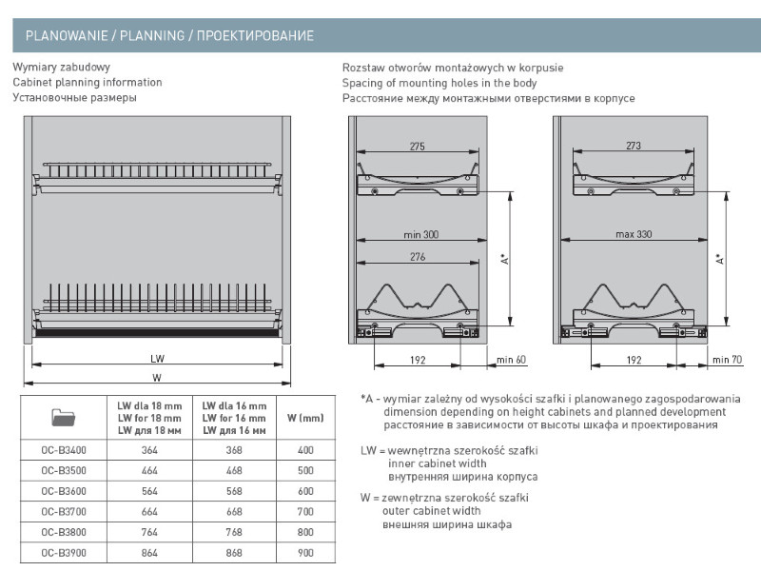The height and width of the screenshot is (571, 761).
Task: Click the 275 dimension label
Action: click(x=417, y=147)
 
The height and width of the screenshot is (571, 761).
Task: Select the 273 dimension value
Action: click(x=634, y=147)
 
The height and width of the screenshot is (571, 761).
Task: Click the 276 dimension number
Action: click(x=417, y=257)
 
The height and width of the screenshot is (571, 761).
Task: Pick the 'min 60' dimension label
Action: click(x=511, y=361)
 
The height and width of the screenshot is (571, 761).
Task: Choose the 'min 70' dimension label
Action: click(x=727, y=361)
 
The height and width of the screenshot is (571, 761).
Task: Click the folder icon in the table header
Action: click(x=63, y=417)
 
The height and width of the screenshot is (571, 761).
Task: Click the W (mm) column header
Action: click(x=305, y=418)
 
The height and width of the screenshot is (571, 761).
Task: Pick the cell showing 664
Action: click(x=149, y=511)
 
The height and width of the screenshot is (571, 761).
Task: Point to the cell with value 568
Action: click(x=234, y=491)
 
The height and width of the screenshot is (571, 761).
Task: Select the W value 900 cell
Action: click(x=304, y=551)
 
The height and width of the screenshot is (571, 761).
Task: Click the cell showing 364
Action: click(x=149, y=450)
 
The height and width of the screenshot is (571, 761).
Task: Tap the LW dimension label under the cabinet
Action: click(x=157, y=360)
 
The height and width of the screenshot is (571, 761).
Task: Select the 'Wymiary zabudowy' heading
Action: click(x=62, y=68)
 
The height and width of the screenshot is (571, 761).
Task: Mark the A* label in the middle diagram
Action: click(x=504, y=259)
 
